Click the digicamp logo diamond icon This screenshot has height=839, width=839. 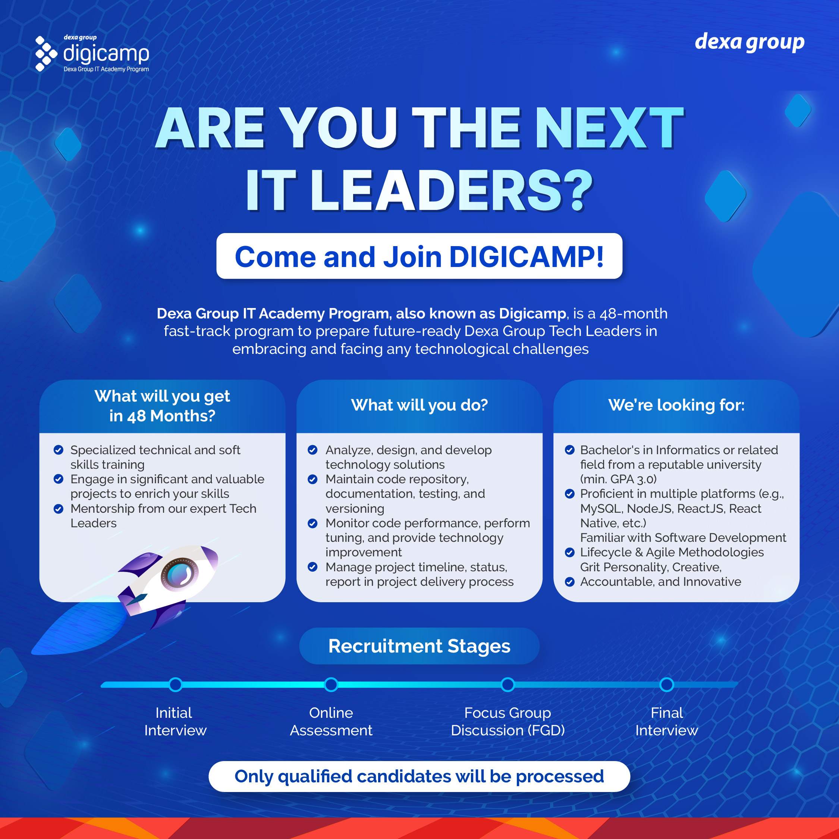click(x=46, y=53)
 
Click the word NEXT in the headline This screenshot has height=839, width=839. click(x=610, y=129)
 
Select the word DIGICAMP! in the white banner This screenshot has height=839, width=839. click(x=526, y=257)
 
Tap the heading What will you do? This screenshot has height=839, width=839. click(x=419, y=405)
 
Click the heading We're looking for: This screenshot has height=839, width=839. click(x=676, y=405)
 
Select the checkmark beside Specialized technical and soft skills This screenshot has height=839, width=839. click(x=58, y=450)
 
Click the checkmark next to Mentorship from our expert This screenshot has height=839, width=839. click(x=58, y=509)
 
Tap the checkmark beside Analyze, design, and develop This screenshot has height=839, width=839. click(x=312, y=450)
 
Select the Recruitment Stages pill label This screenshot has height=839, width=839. click(x=419, y=646)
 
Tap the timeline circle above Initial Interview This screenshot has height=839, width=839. click(x=175, y=684)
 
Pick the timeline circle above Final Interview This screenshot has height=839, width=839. click(x=667, y=684)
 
